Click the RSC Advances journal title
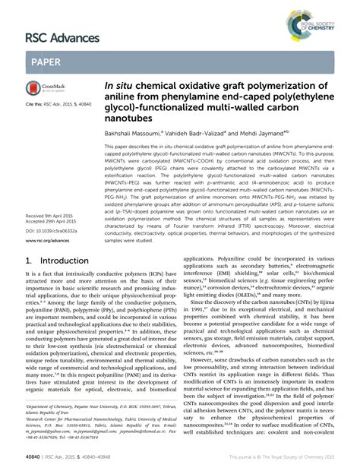tap(62, 37)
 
